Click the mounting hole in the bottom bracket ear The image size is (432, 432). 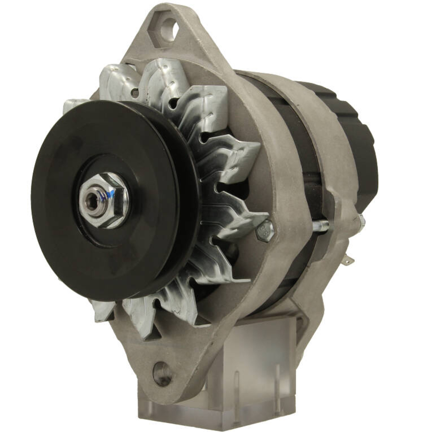click(x=162, y=372)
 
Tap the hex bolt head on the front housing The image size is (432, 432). click(x=265, y=232)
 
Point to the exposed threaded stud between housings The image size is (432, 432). click(x=321, y=225)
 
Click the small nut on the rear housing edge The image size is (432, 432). click(x=361, y=221)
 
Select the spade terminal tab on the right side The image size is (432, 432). click(x=349, y=260)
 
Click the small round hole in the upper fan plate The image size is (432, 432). click(x=136, y=92)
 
